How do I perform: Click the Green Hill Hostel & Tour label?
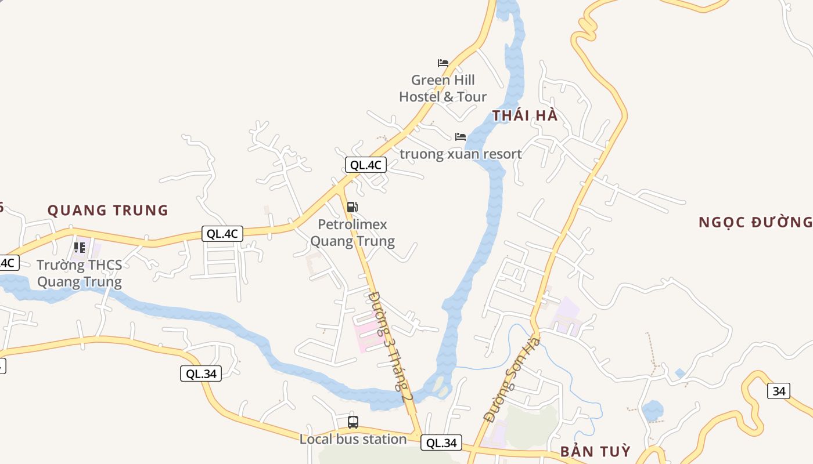pos(443,88)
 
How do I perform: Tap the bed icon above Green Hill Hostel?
pos(443,63)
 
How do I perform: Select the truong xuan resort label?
pos(461,154)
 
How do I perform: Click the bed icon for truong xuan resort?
pos(461,137)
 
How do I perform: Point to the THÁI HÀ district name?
pos(525,115)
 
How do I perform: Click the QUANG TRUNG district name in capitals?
pos(108,210)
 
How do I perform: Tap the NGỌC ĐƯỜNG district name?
pos(755,222)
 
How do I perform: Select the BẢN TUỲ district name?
pos(595,452)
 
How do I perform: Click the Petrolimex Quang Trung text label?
pos(352,233)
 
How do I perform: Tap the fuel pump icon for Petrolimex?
pos(352,207)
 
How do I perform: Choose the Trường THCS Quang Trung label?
pos(80,274)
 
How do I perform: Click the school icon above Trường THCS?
pos(80,248)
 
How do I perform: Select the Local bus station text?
pos(353,439)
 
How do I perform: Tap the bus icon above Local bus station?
pos(353,422)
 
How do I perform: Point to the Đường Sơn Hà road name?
pos(512,379)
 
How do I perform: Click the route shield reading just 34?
pos(778,391)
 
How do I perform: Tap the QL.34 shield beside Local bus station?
pos(441,443)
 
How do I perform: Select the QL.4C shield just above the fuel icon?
pos(366,165)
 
